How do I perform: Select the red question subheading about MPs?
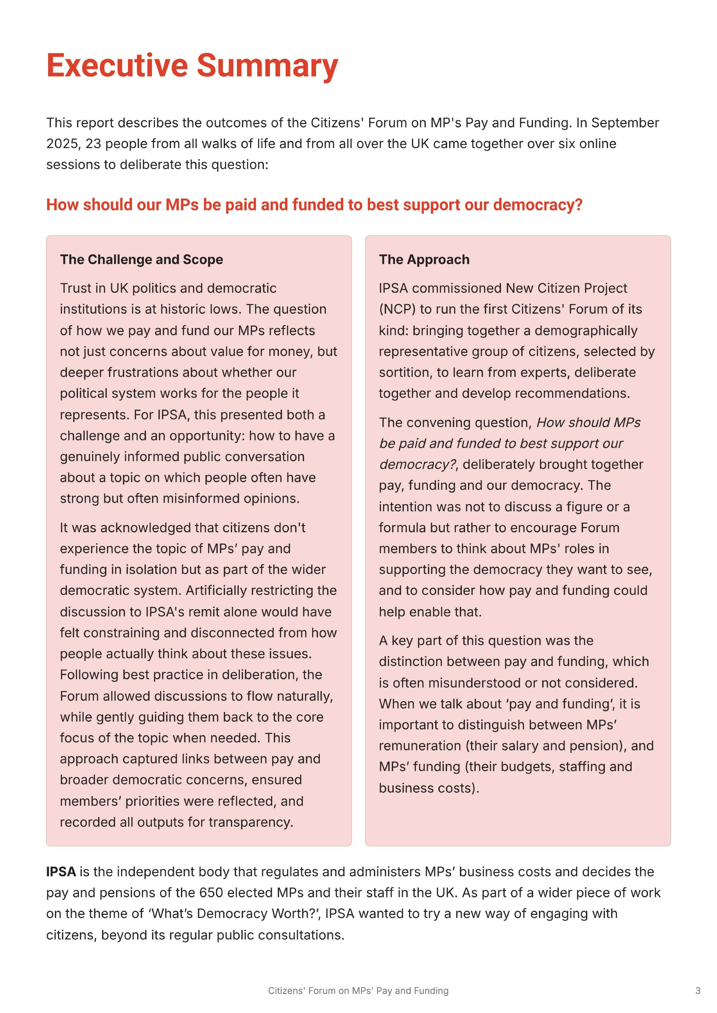coord(314,205)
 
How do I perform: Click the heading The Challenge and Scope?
coord(141,259)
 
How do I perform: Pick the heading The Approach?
coord(424,259)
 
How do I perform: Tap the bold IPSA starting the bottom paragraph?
coord(61,872)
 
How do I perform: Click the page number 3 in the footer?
coord(698,991)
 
